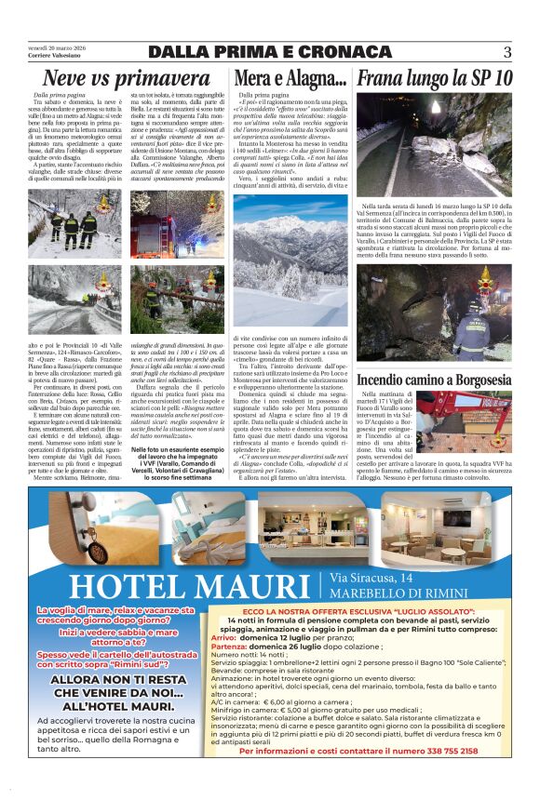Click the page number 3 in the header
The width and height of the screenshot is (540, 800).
(507, 52)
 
